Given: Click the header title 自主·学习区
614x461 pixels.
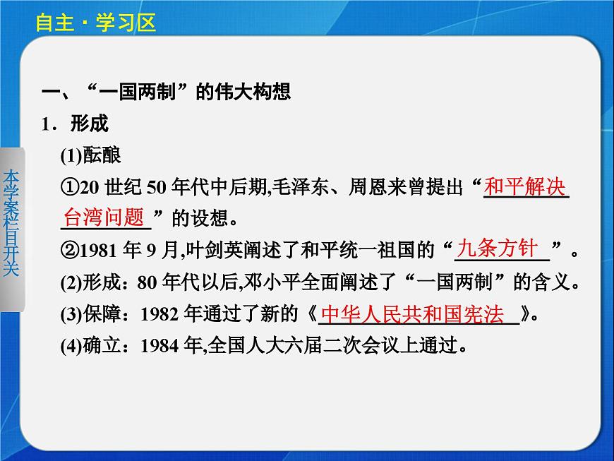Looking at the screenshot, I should pos(95,23).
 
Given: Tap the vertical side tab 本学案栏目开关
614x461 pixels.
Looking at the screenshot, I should pos(11,224).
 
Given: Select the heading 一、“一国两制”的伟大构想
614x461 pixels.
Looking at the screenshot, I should pos(167,92).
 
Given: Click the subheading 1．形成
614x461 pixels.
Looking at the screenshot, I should pos(75,124).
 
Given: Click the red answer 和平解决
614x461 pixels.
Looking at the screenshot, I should pos(526,187).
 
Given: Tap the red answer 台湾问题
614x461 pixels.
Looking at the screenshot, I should pos(104,217).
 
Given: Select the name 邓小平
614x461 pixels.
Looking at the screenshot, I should pos(269,282).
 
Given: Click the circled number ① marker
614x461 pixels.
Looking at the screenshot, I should pos(71,188).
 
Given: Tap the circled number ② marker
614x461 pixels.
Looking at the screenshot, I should pos(71,250).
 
